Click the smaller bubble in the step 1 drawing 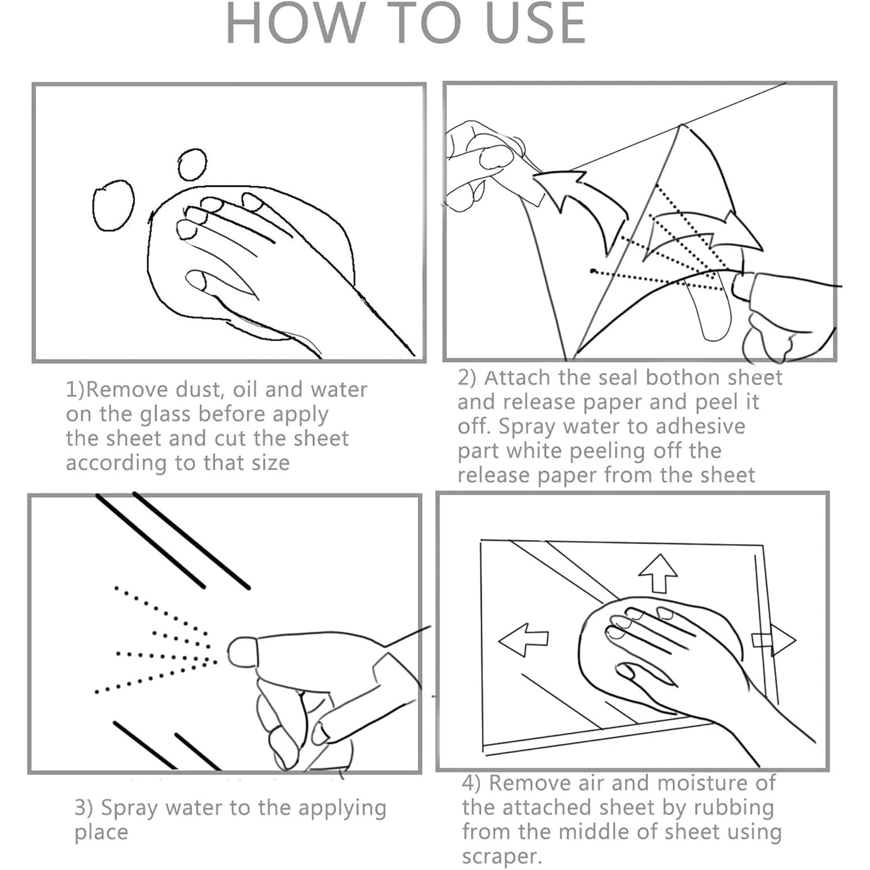point(192,165)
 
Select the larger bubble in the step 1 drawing point(113,205)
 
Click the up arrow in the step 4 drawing point(658,573)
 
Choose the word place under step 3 point(101,833)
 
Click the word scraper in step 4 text point(502,857)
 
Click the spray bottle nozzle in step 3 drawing point(241,652)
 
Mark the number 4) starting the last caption point(471,784)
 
